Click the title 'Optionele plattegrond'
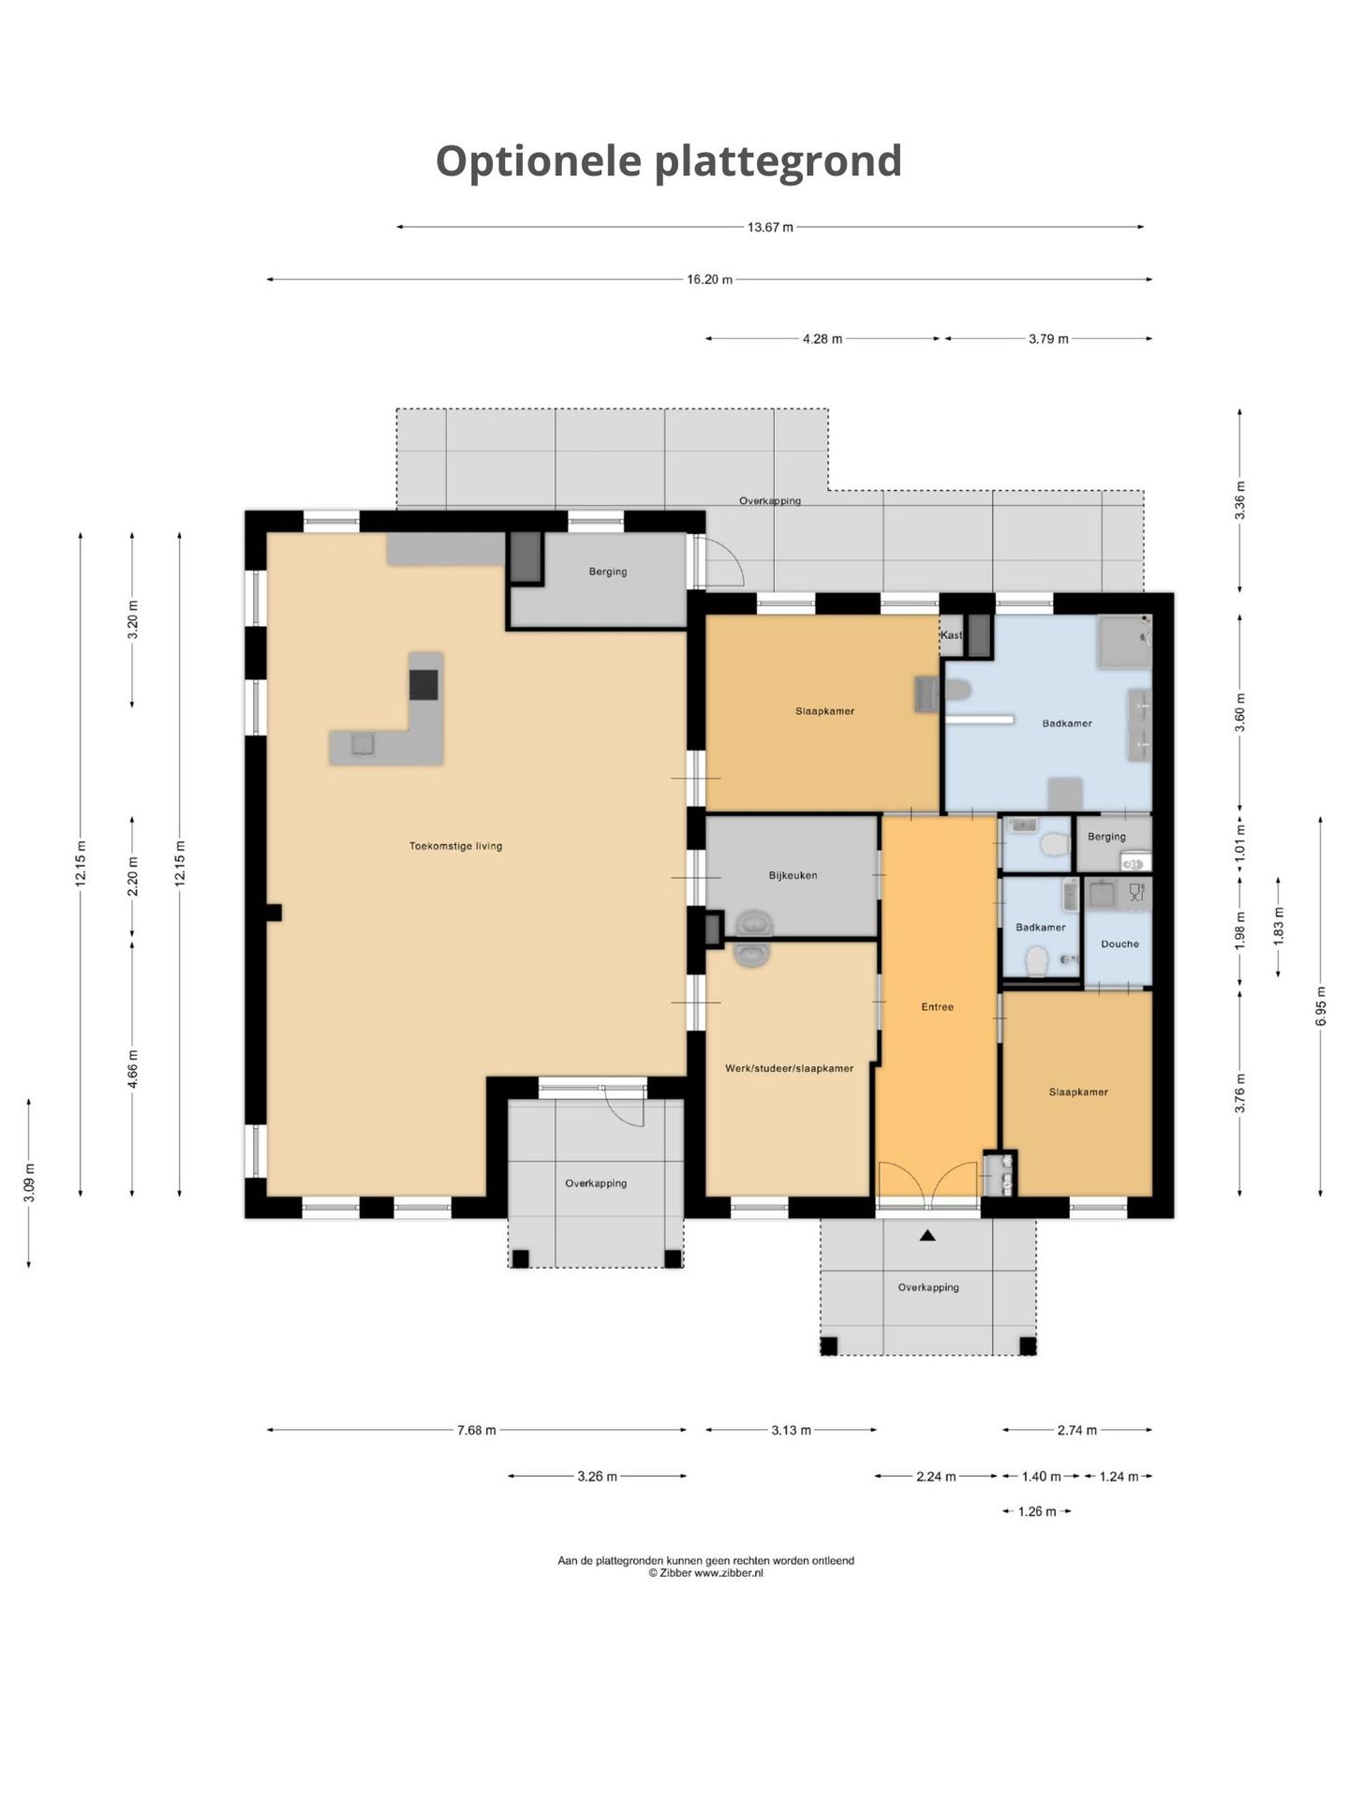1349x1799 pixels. (669, 161)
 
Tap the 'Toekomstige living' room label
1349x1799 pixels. (456, 846)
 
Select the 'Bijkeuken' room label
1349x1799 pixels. (793, 875)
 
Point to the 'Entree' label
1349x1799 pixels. (937, 1006)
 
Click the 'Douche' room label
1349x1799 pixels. (1119, 944)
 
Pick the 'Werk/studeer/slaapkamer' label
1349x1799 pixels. (789, 1068)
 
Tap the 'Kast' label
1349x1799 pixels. (951, 635)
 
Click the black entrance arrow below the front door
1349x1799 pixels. (927, 1236)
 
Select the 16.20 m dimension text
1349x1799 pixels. (709, 279)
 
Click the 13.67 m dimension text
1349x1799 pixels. (770, 227)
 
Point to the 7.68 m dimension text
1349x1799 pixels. (477, 1430)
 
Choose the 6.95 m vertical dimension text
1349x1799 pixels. (1321, 1006)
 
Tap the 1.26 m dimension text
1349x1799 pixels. (1037, 1511)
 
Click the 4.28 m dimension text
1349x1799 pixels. (823, 339)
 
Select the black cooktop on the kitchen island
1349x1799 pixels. (423, 685)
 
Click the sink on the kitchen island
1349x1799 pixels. (363, 745)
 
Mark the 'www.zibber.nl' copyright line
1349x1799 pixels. (705, 1573)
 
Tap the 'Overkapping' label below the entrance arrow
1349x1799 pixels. (928, 1287)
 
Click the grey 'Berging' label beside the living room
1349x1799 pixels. (608, 572)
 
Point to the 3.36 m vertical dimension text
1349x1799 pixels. (1240, 500)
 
